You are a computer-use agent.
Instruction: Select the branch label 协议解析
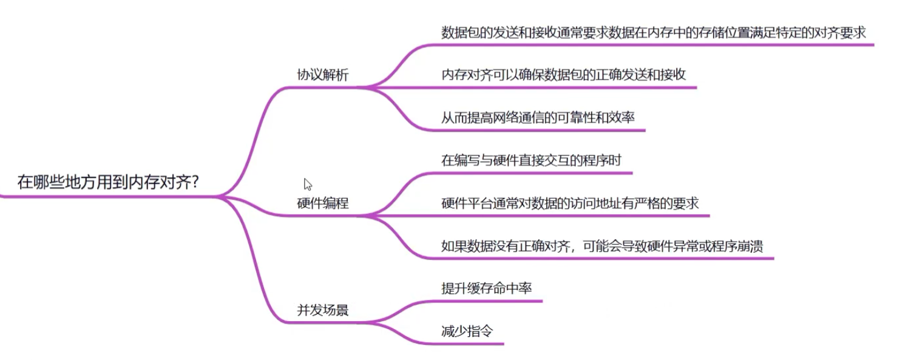click(x=322, y=75)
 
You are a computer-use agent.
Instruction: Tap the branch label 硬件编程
click(x=322, y=203)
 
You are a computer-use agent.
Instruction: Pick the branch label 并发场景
click(x=322, y=310)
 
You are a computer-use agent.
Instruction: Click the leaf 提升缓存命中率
click(x=486, y=288)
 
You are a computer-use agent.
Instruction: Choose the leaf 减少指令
click(x=467, y=331)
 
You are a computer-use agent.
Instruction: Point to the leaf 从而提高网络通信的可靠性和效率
click(x=538, y=117)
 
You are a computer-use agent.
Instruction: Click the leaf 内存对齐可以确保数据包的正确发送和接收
click(x=563, y=75)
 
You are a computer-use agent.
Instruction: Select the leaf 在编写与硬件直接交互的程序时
click(x=531, y=161)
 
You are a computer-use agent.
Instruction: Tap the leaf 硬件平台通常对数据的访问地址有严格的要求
click(x=569, y=203)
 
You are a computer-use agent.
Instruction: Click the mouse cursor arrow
click(x=307, y=183)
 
